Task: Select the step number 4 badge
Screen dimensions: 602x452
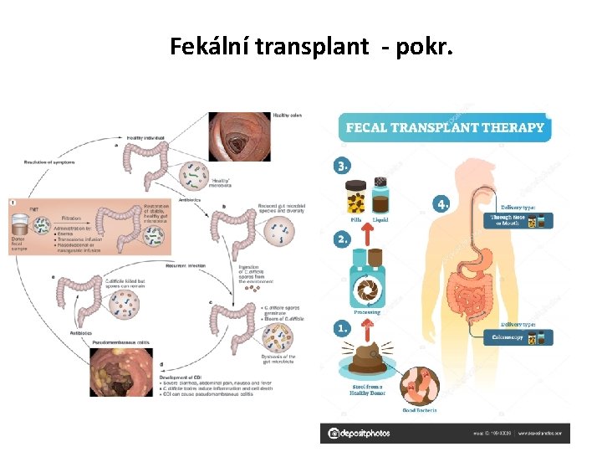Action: tap(442, 203)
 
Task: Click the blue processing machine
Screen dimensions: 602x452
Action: tap(367, 280)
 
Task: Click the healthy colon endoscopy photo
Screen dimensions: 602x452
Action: tap(239, 136)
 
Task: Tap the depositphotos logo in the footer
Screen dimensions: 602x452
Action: tap(360, 433)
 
